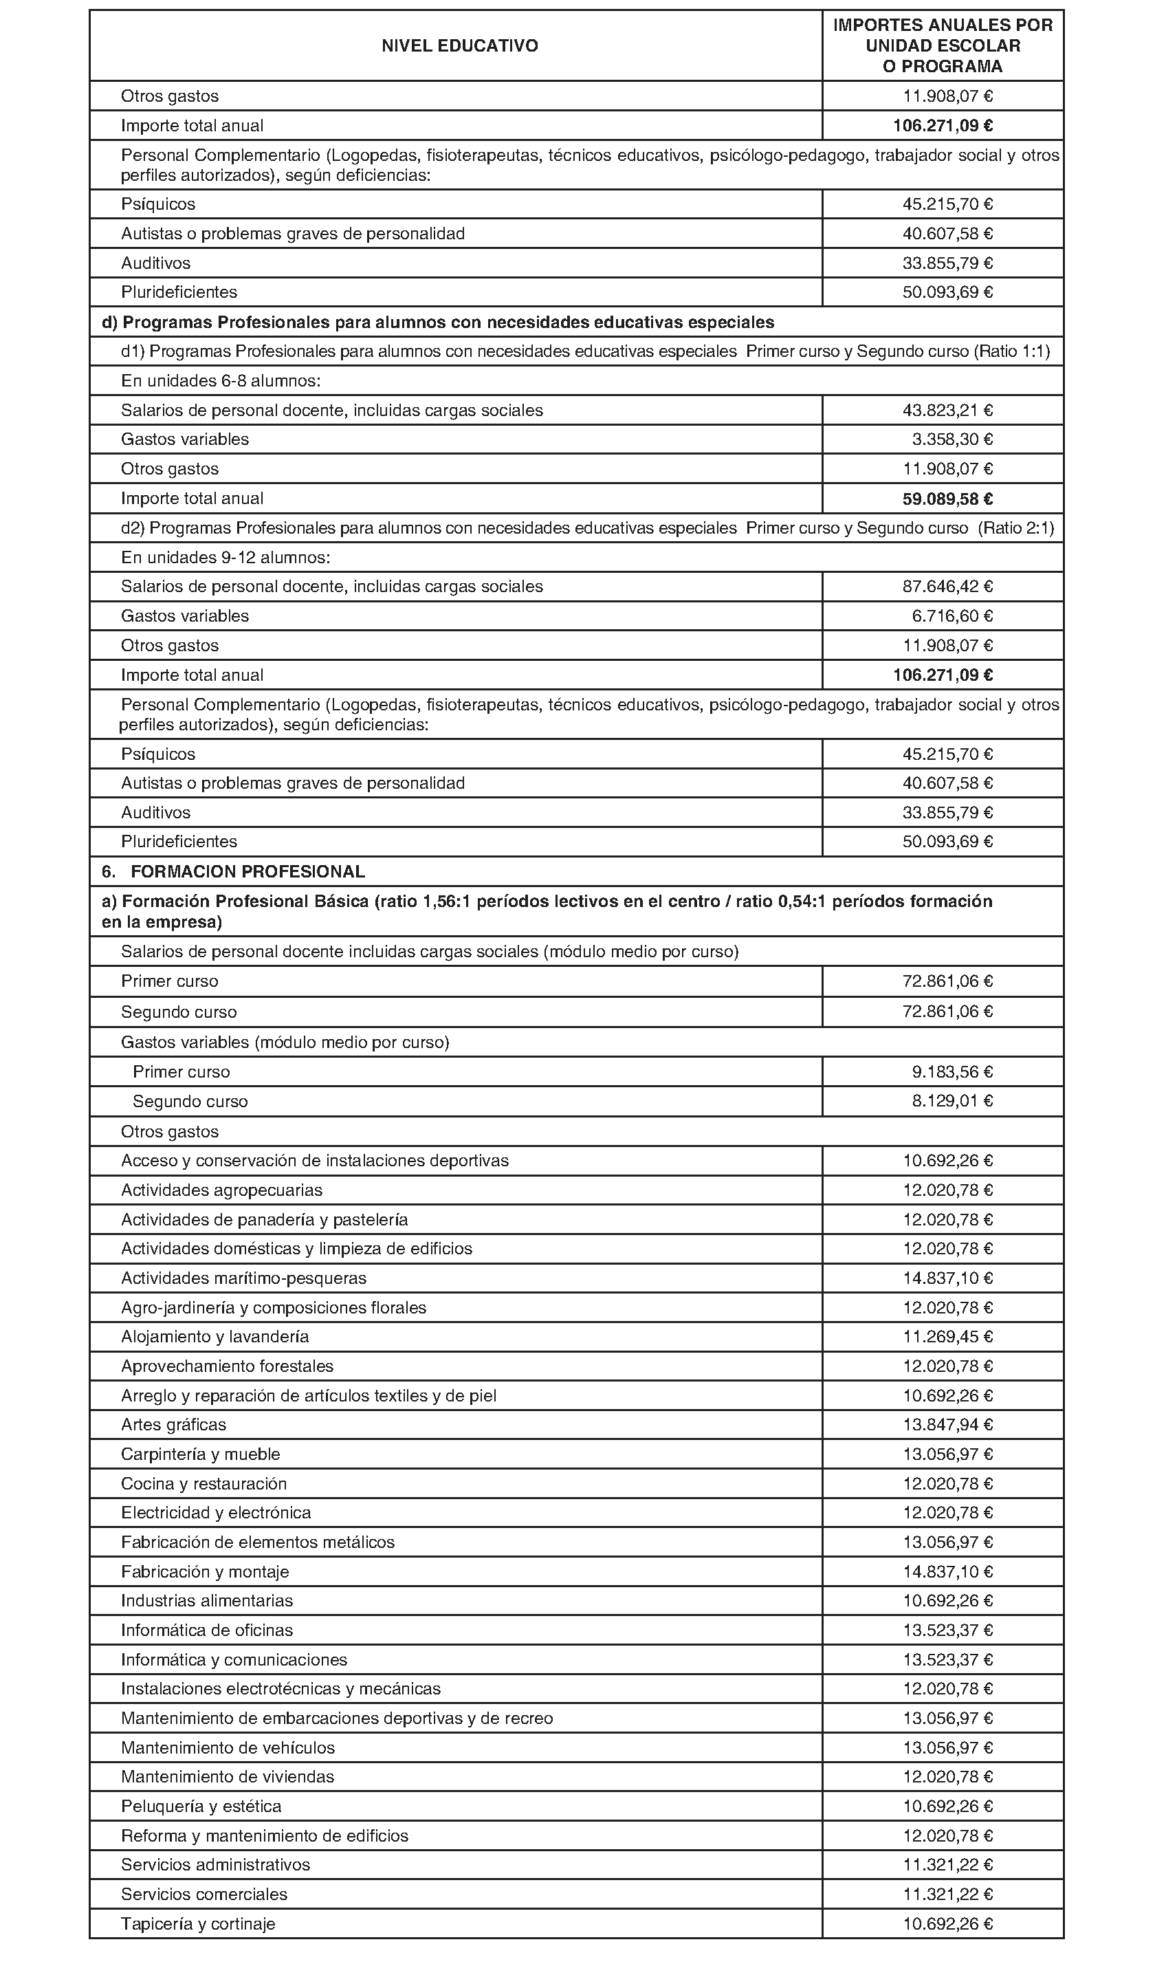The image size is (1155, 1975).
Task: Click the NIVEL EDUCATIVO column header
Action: click(x=459, y=46)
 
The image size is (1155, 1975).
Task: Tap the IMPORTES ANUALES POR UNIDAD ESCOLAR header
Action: click(x=942, y=45)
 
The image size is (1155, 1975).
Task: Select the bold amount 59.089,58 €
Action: click(x=943, y=499)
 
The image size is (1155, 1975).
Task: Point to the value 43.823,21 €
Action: click(x=947, y=411)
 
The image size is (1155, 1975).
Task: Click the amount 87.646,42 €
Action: click(x=947, y=586)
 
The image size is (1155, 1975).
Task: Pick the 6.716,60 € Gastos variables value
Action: click(x=951, y=616)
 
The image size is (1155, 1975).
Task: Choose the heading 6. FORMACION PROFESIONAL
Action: click(x=234, y=871)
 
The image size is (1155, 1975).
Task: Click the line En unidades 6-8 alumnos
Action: click(x=220, y=381)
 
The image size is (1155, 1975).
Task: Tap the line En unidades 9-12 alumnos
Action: click(x=225, y=557)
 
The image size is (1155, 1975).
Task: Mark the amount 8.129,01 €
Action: click(x=951, y=1101)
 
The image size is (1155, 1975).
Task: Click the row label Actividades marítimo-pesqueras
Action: click(x=243, y=1278)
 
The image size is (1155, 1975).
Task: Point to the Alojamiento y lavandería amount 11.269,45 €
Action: click(x=947, y=1336)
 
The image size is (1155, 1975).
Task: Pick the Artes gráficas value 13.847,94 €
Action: click(x=947, y=1424)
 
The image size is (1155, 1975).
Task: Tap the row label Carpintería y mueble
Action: click(x=200, y=1454)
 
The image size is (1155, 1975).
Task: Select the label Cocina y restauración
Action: click(x=203, y=1483)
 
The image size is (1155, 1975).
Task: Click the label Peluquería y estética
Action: click(x=201, y=1806)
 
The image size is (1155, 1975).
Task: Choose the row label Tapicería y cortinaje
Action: click(x=197, y=1923)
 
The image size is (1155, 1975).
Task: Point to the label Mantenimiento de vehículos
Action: click(x=228, y=1747)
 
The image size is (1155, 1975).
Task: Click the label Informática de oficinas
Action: click(x=206, y=1630)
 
